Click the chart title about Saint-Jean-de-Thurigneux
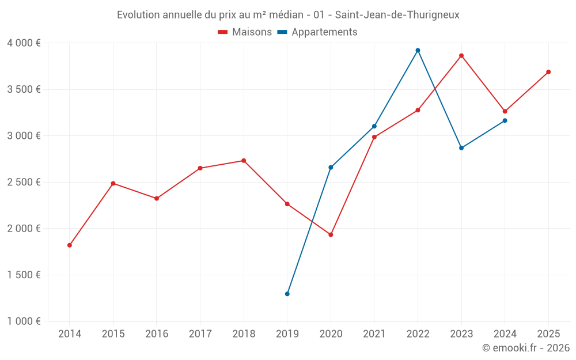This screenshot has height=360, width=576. [x=288, y=15]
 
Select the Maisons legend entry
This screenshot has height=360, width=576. [x=245, y=32]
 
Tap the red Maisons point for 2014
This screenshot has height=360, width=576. [x=70, y=245]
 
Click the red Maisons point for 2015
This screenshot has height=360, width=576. [x=113, y=184]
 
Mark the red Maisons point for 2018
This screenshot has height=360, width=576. [x=244, y=161]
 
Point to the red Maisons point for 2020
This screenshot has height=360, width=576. [x=331, y=235]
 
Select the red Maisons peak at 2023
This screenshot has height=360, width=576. [x=461, y=56]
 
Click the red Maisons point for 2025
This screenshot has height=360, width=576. [x=548, y=72]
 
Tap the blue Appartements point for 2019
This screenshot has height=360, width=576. [x=287, y=294]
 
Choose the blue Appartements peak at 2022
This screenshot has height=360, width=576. [x=418, y=50]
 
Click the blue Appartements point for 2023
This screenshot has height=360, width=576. [x=461, y=148]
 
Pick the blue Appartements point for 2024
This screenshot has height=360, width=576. [x=505, y=120]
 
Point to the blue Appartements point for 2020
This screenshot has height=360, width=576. [x=331, y=168]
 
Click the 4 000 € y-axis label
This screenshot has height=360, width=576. [x=24, y=43]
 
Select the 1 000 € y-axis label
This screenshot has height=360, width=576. [x=24, y=321]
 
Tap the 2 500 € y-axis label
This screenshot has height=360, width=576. [x=24, y=182]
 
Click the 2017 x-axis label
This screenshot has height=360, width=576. [x=200, y=334]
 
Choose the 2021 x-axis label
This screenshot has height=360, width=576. [x=374, y=334]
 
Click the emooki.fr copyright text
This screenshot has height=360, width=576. [x=525, y=348]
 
